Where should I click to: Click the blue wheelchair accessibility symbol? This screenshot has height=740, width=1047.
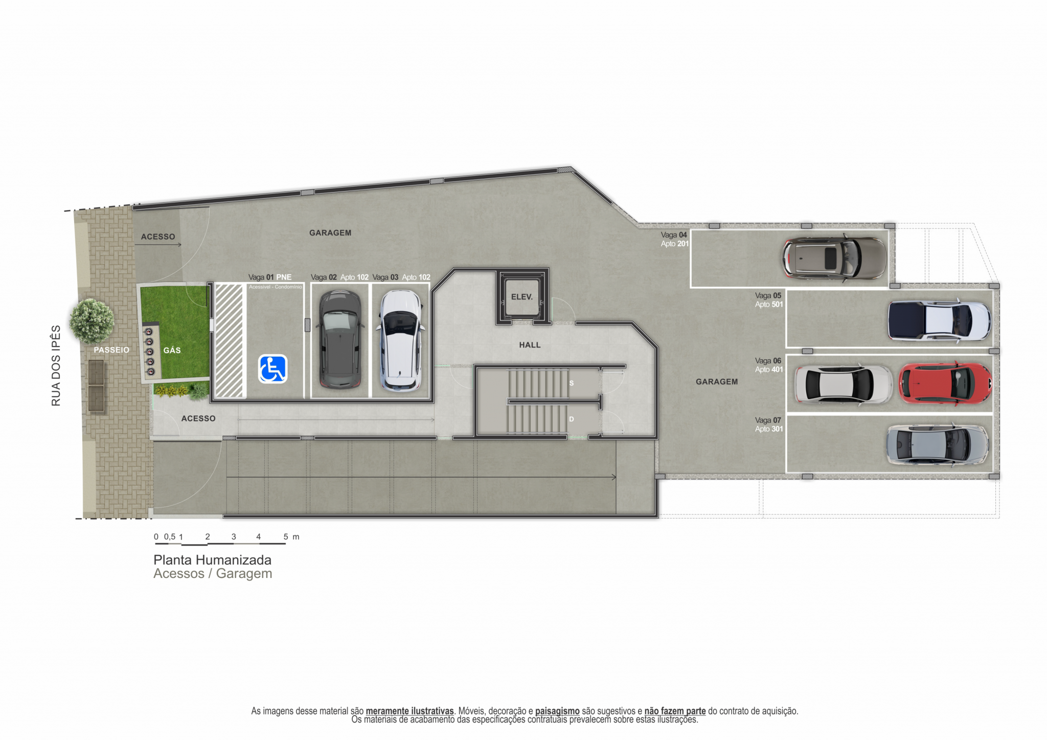tap(273, 369)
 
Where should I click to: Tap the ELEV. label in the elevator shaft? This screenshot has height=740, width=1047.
tap(522, 297)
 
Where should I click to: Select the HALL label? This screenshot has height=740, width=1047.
tap(530, 345)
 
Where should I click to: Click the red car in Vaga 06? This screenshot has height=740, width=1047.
tap(945, 384)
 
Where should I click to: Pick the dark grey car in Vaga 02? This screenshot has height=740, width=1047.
tap(340, 339)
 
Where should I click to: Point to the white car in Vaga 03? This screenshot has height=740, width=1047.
tap(401, 340)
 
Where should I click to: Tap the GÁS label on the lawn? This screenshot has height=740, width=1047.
tap(172, 350)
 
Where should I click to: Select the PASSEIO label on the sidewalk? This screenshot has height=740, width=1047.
tap(111, 350)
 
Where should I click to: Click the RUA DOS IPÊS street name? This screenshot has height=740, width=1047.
tap(56, 366)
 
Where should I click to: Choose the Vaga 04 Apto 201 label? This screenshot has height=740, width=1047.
tap(675, 239)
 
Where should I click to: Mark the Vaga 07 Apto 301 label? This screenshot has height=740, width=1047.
tap(769, 425)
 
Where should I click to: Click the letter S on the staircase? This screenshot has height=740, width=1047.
tap(572, 383)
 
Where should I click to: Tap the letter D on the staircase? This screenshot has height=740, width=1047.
tap(572, 419)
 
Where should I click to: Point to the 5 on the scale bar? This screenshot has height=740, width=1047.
tap(286, 537)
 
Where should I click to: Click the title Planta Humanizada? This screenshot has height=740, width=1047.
tap(212, 560)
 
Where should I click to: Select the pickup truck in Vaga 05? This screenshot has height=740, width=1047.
tap(940, 321)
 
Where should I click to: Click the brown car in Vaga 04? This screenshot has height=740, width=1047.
tap(835, 258)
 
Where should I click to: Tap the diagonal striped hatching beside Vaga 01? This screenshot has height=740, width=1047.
tap(229, 341)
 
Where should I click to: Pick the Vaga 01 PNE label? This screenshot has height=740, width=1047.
tap(270, 277)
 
